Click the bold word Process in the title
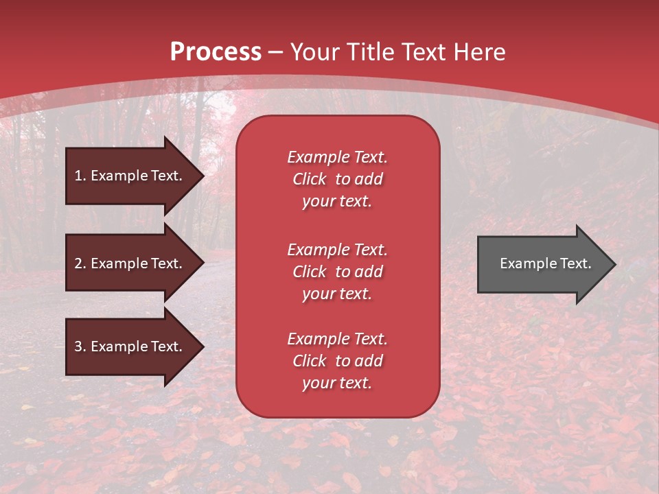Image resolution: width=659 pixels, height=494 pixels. [x=216, y=52]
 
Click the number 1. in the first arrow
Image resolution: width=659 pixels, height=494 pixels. [x=80, y=176]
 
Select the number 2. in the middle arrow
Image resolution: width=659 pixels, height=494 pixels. [x=80, y=263]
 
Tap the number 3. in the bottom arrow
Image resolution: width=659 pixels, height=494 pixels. [x=80, y=346]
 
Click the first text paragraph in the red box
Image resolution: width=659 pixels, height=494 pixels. [x=337, y=179]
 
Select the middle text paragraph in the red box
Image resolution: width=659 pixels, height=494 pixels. [x=337, y=272]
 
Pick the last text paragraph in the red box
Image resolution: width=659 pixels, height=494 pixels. [x=337, y=361]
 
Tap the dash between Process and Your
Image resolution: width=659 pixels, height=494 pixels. [x=276, y=52]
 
